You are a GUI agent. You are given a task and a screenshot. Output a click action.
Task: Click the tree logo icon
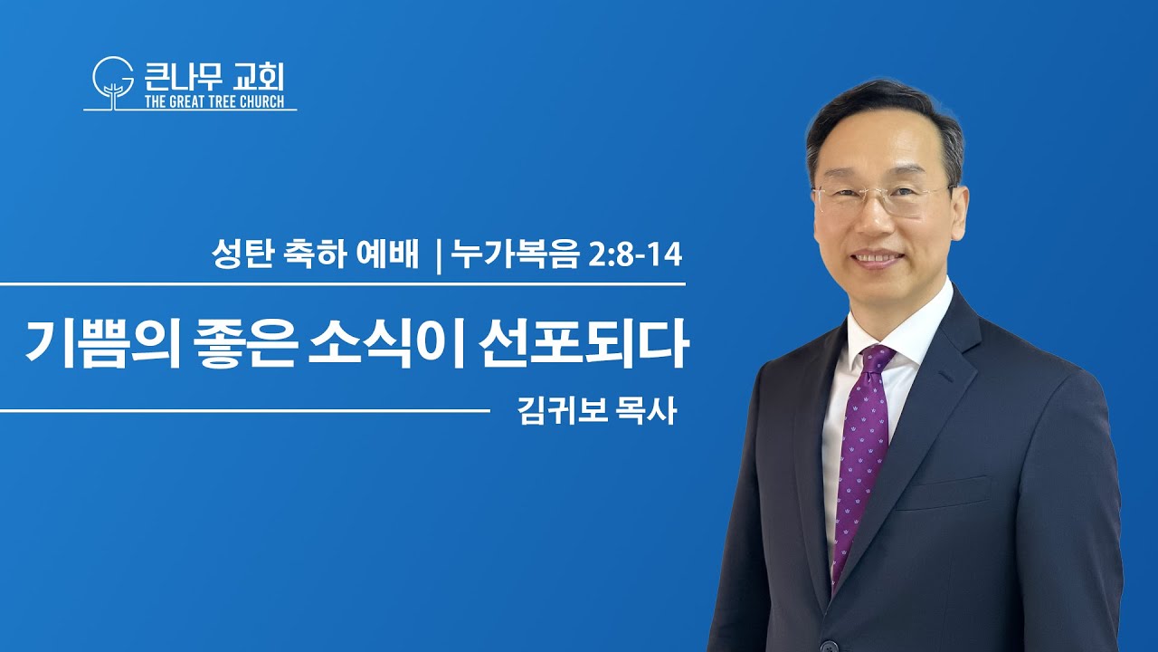[113, 82]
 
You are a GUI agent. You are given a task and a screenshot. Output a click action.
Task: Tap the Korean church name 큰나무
[183, 76]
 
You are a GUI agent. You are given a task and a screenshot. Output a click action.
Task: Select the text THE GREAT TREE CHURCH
[214, 101]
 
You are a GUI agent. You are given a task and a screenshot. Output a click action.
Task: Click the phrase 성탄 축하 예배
[315, 254]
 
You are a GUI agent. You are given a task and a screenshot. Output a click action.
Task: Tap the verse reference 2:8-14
[635, 255]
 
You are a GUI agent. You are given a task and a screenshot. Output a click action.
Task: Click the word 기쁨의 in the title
[103, 343]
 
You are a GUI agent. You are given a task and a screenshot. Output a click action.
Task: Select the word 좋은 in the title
[245, 343]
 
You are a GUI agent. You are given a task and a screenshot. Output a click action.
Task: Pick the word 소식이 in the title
[385, 343]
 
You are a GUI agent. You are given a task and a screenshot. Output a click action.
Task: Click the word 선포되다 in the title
[584, 343]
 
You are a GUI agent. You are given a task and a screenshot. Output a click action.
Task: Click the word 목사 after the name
[646, 411]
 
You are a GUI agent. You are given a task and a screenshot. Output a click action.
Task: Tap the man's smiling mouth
[878, 259]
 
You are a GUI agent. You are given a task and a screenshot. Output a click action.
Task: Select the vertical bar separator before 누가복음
[439, 256]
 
